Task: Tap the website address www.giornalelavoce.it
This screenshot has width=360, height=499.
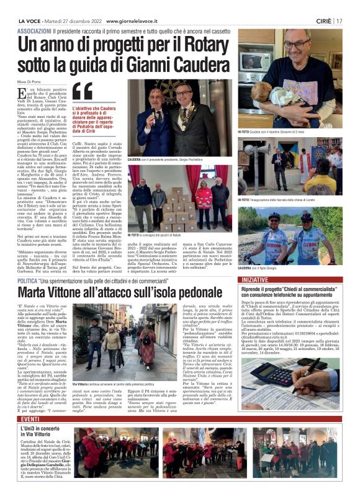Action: click(x=134, y=20)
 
